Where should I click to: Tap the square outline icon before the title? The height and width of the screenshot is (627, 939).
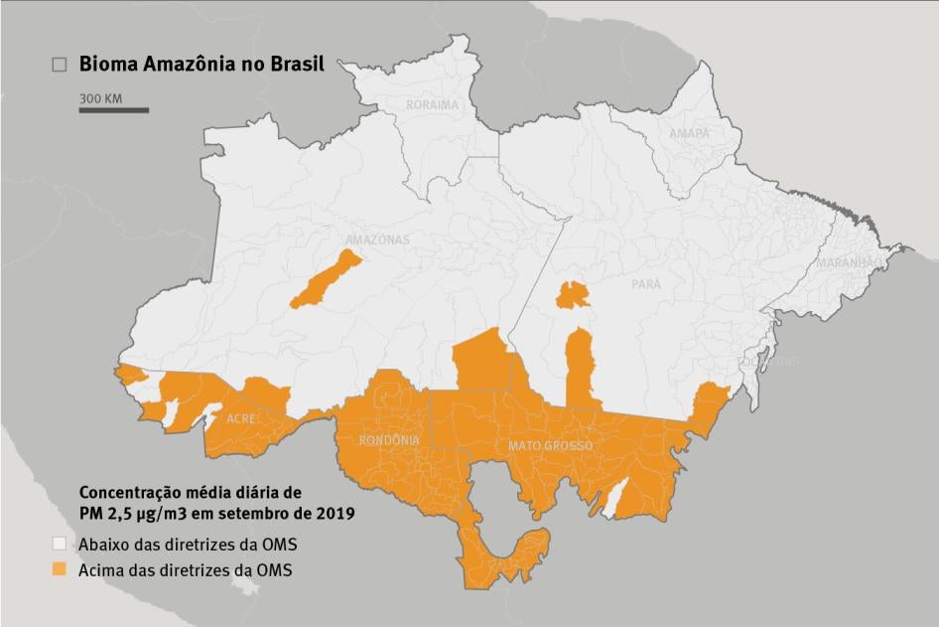pyautogui.click(x=60, y=65)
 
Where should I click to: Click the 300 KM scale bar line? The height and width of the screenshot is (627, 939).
pyautogui.click(x=114, y=109)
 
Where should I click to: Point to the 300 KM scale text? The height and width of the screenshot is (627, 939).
pyautogui.click(x=100, y=98)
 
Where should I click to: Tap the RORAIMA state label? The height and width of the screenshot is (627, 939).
pyautogui.click(x=432, y=104)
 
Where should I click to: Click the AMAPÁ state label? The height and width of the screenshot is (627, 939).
pyautogui.click(x=689, y=133)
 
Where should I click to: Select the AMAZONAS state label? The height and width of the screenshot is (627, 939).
pyautogui.click(x=377, y=240)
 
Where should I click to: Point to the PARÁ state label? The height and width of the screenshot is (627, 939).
pyautogui.click(x=646, y=284)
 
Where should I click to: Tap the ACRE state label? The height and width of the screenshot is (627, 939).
pyautogui.click(x=242, y=419)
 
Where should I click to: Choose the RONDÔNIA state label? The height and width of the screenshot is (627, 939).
pyautogui.click(x=389, y=440)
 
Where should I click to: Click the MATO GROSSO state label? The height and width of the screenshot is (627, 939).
pyautogui.click(x=550, y=446)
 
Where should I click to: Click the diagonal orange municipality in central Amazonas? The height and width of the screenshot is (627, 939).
pyautogui.click(x=326, y=279)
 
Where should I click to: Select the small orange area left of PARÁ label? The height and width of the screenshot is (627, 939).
pyautogui.click(x=572, y=294)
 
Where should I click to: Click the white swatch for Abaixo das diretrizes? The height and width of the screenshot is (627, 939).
pyautogui.click(x=60, y=544)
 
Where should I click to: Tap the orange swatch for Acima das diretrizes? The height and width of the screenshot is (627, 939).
pyautogui.click(x=60, y=569)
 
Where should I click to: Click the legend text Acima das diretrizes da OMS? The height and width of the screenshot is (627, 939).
pyautogui.click(x=186, y=569)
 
